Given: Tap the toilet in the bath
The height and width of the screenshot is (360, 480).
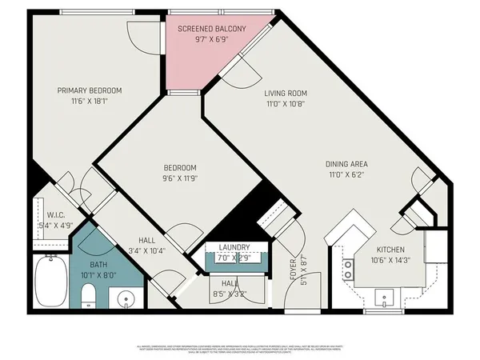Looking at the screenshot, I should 90,299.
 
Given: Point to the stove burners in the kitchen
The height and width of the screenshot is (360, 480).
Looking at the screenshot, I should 349,269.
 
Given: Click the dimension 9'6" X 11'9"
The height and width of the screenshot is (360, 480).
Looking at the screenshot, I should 180,178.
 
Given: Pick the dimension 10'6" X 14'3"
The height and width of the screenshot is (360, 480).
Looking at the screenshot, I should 391,259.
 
